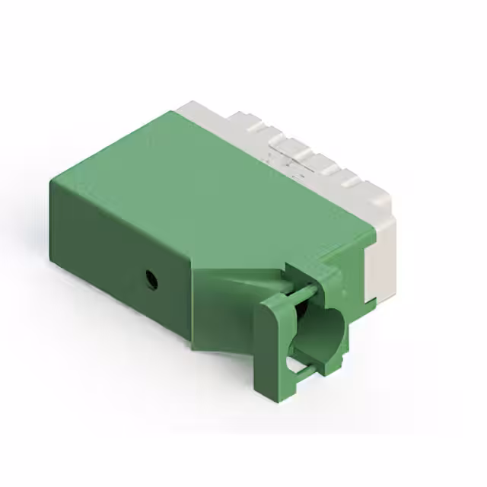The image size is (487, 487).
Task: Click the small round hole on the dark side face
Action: coord(151,279)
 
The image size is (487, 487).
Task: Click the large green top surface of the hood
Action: coord(205,190)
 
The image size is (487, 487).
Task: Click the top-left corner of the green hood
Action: coord(53,181)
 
